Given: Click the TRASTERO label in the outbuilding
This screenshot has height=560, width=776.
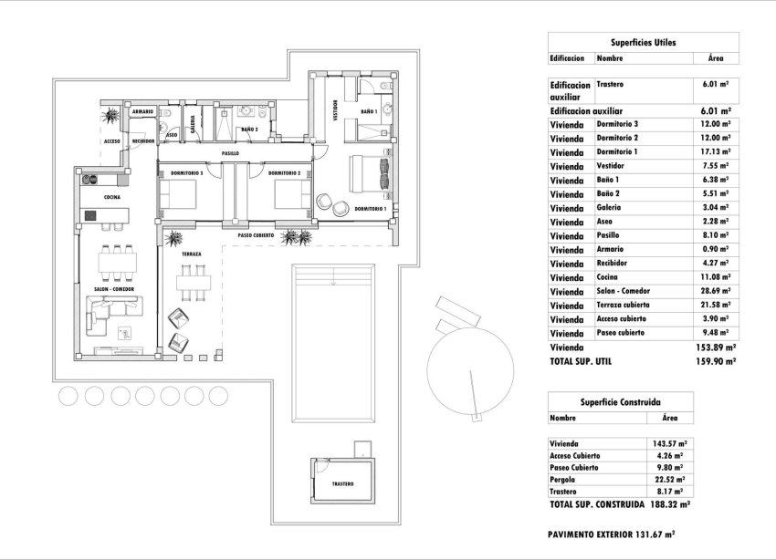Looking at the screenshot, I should (342, 484).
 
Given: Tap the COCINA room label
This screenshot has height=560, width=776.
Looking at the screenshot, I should (111, 197).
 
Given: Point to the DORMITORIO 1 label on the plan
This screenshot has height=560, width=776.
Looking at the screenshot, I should (369, 210).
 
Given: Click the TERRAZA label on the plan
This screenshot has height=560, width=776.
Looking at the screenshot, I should (191, 254).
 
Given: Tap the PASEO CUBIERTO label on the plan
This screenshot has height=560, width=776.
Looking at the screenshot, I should (257, 235).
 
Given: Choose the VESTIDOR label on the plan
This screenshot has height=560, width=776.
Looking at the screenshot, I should (335, 109).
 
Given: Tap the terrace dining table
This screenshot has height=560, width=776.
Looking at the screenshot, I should (192, 282).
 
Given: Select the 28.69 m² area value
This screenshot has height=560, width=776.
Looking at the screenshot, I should (714, 292).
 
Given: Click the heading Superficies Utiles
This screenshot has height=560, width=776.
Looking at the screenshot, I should (643, 42).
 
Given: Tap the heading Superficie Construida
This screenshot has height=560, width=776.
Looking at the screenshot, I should (621, 401).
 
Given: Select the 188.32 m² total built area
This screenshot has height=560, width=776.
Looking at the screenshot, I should (669, 503).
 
